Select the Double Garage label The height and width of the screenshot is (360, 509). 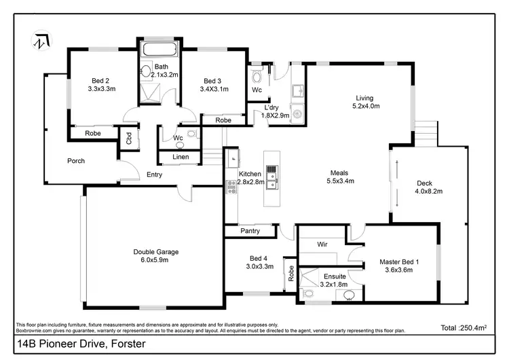pyautogui.click(x=156, y=251)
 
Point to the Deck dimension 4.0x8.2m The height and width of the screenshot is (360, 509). pyautogui.click(x=428, y=192)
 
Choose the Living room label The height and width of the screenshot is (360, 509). pyautogui.click(x=366, y=97)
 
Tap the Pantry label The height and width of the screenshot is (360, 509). pyautogui.click(x=250, y=232)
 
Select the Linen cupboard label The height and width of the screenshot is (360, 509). pyautogui.click(x=180, y=158)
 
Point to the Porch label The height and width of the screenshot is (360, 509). pyautogui.click(x=75, y=161)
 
